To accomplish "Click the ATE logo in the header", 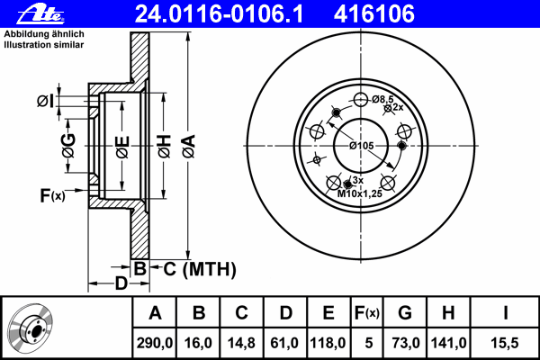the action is [40, 13].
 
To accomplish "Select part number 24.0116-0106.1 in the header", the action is [219, 13].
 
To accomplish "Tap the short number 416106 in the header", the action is [374, 13].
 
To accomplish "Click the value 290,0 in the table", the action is [154, 343].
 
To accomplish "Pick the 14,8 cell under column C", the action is [241, 343].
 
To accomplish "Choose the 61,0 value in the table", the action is [284, 343].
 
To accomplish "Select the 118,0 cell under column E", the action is [328, 343].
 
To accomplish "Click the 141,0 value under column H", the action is [448, 343].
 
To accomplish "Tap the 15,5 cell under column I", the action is [505, 343].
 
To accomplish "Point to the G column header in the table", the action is [405, 313].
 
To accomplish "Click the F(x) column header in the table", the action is [367, 313].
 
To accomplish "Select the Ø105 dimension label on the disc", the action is [361, 146].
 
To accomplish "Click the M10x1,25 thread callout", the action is [359, 193].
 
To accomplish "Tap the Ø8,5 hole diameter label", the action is [382, 99].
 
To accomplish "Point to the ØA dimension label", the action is [189, 147].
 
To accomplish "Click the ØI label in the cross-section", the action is [46, 101].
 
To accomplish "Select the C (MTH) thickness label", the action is [200, 269].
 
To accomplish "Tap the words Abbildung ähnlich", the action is [44, 34].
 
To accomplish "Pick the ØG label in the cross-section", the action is [68, 146].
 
